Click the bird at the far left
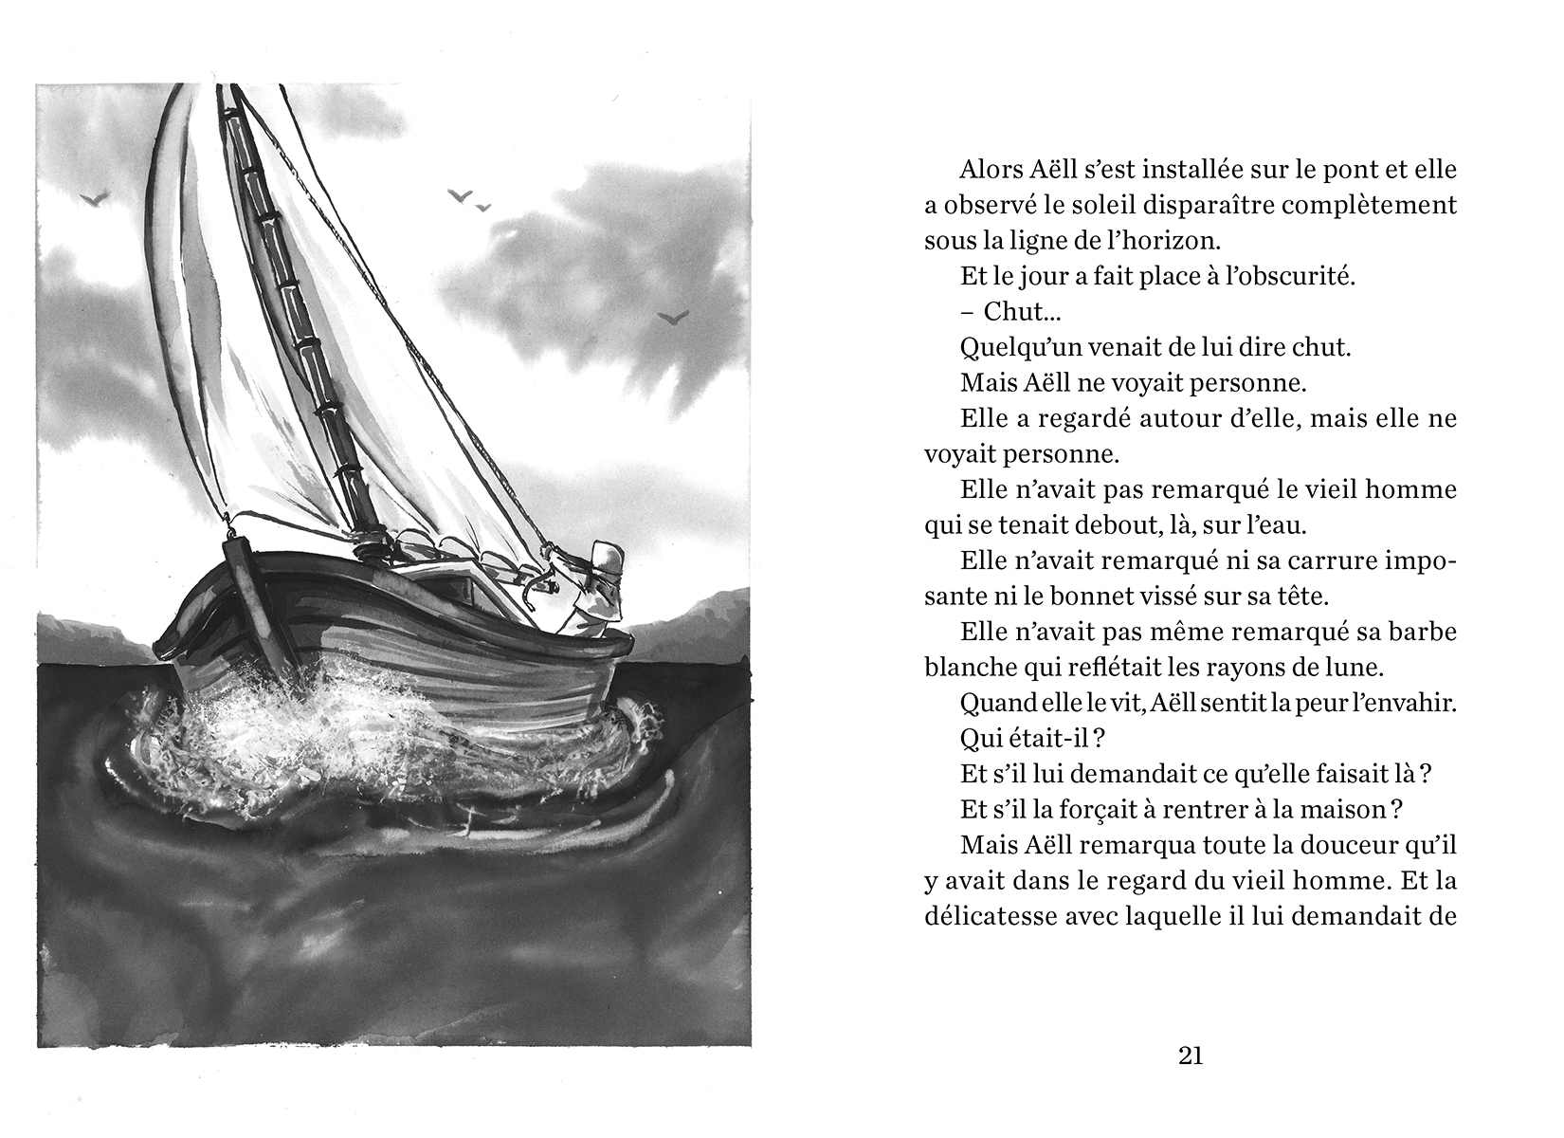click(x=95, y=198)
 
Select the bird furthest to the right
click(x=672, y=317)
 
